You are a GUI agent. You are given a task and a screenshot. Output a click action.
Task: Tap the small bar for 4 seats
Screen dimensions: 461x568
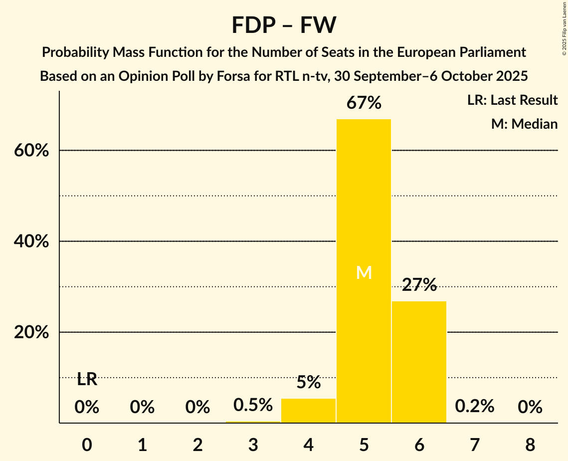click(308, 411)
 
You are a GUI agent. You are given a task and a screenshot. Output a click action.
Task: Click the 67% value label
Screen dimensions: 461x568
click(364, 103)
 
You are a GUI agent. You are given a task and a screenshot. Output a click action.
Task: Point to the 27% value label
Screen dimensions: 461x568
click(419, 285)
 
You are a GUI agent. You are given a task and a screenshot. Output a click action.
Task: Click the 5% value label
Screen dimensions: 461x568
click(308, 382)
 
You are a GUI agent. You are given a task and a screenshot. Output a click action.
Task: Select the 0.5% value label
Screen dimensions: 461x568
click(253, 405)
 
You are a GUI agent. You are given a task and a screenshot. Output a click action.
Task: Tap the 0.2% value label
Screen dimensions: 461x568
click(474, 406)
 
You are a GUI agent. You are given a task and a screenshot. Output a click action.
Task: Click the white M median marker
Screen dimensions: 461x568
click(364, 272)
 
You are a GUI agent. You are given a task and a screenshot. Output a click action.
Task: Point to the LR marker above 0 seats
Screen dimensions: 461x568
click(87, 380)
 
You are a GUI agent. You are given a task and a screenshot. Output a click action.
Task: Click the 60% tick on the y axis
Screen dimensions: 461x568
click(31, 151)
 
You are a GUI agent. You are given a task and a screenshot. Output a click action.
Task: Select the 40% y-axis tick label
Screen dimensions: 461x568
click(31, 241)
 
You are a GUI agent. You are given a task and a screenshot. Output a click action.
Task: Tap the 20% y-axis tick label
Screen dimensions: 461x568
click(31, 332)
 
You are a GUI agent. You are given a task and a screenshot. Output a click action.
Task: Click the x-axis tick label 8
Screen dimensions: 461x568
click(530, 444)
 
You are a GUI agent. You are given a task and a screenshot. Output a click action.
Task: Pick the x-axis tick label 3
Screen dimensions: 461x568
click(253, 444)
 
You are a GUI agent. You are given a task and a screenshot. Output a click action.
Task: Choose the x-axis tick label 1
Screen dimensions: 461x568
click(142, 444)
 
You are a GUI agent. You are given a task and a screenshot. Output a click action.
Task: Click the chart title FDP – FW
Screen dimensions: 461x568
click(284, 25)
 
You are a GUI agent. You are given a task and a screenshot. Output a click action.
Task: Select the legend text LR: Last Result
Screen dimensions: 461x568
click(512, 100)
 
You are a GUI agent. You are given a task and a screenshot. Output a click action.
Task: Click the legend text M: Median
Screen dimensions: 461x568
click(524, 124)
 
